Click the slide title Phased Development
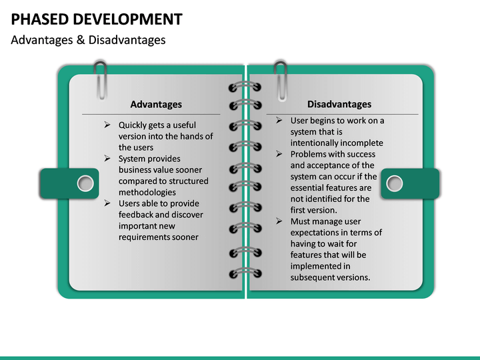point(97,19)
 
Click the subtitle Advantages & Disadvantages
point(88,40)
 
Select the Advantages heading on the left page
point(156,104)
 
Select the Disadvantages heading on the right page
point(339,104)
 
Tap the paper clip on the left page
point(101,79)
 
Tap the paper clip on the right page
point(281,79)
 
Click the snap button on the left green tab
point(85,183)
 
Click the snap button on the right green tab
point(395,183)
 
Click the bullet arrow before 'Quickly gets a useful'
point(108,125)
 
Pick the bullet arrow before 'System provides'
point(108,159)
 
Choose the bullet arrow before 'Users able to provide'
point(108,203)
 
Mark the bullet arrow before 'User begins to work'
point(280,121)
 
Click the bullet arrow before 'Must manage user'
point(280,221)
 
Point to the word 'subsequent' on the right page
point(312,277)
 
